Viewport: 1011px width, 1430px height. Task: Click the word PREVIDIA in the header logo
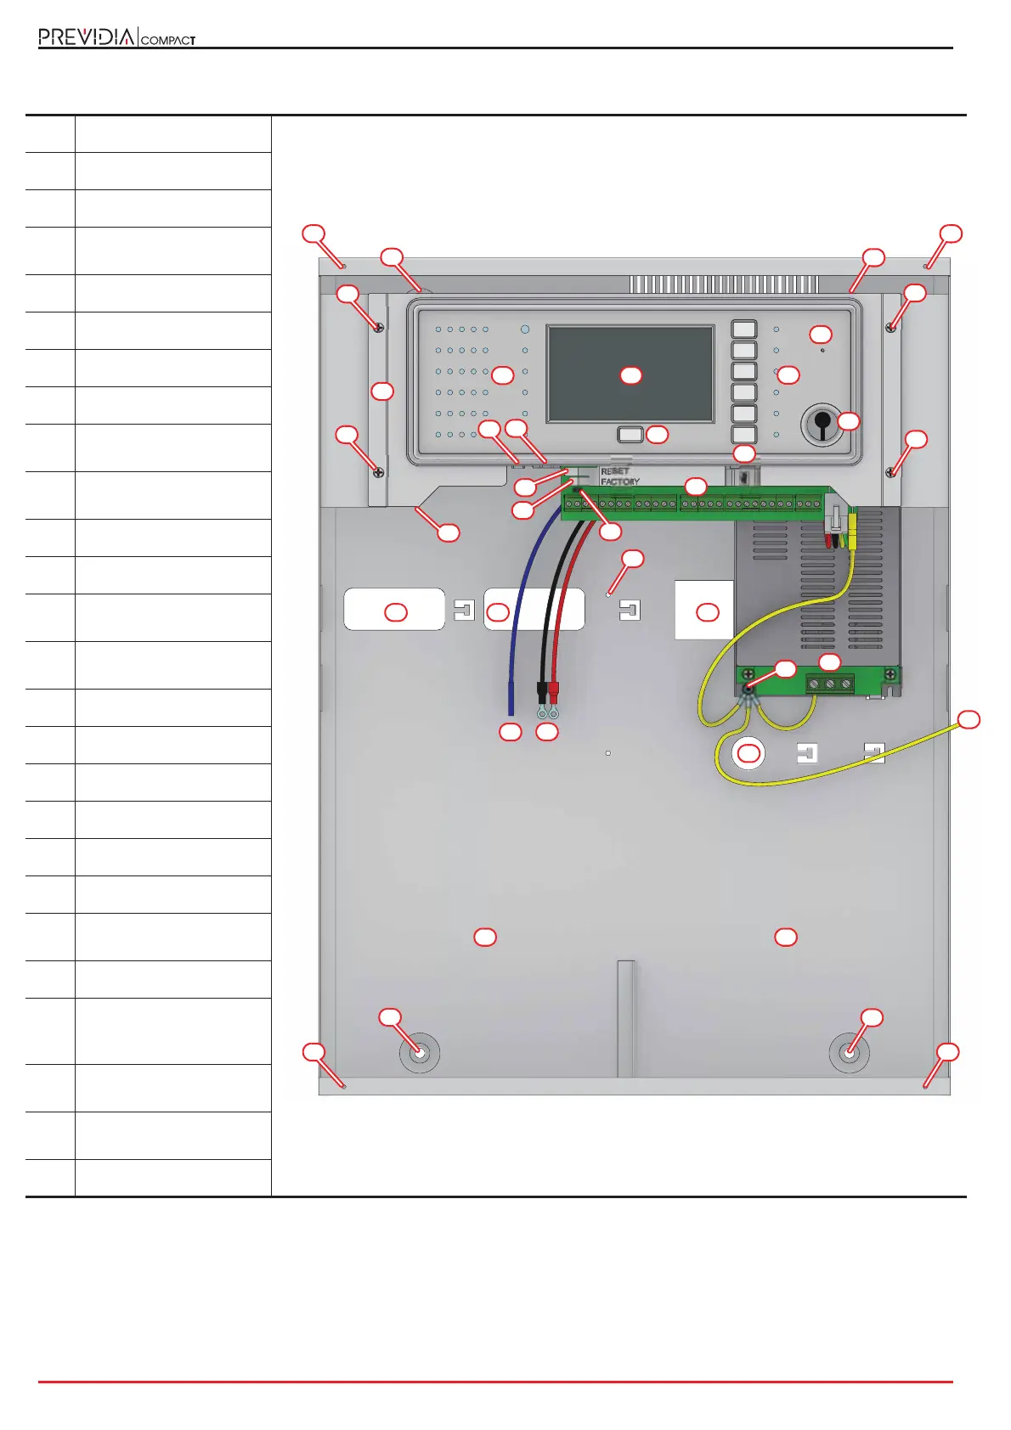pos(86,37)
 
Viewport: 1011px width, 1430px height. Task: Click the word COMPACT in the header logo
pos(167,40)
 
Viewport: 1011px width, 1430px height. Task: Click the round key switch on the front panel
pos(821,423)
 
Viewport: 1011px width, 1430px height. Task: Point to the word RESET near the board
pos(615,471)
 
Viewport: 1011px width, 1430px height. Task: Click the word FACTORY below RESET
pos(620,481)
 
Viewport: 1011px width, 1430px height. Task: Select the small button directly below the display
pos(630,435)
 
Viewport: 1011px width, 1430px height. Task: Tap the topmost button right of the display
pos(743,329)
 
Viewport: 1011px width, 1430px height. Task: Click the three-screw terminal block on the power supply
pos(830,684)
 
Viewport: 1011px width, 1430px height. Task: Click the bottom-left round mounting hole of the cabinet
pos(420,1053)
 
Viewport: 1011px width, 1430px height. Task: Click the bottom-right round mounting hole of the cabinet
pos(849,1053)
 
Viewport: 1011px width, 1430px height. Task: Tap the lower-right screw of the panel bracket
pos(890,472)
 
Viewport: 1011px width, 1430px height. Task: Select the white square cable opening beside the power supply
pos(703,610)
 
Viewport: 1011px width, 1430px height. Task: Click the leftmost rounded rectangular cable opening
pos(394,609)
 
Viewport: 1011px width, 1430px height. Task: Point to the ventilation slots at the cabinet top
pos(723,284)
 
